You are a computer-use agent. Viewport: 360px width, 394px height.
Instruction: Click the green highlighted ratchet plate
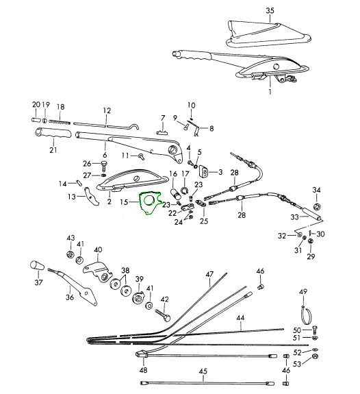[150, 203]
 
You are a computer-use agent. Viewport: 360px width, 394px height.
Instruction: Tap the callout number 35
[270, 11]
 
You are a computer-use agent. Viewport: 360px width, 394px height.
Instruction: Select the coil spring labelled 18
[60, 122]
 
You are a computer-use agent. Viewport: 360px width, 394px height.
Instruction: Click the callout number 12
[107, 110]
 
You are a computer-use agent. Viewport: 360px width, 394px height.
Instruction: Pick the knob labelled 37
[37, 266]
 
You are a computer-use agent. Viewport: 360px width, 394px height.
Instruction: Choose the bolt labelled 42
[163, 315]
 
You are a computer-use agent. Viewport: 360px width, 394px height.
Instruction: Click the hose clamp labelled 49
[307, 314]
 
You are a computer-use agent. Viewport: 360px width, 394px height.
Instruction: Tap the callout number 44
[240, 318]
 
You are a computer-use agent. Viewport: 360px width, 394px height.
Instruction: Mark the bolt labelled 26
[104, 165]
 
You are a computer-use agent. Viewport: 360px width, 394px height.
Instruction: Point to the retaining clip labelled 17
[185, 191]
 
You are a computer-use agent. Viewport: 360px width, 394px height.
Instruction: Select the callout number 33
[294, 217]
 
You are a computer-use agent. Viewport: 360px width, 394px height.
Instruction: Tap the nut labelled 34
[317, 206]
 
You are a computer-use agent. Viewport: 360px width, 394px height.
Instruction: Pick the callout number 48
[143, 370]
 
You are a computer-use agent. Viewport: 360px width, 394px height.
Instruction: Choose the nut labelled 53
[316, 357]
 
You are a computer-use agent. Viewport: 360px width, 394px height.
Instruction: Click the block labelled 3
[203, 171]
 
